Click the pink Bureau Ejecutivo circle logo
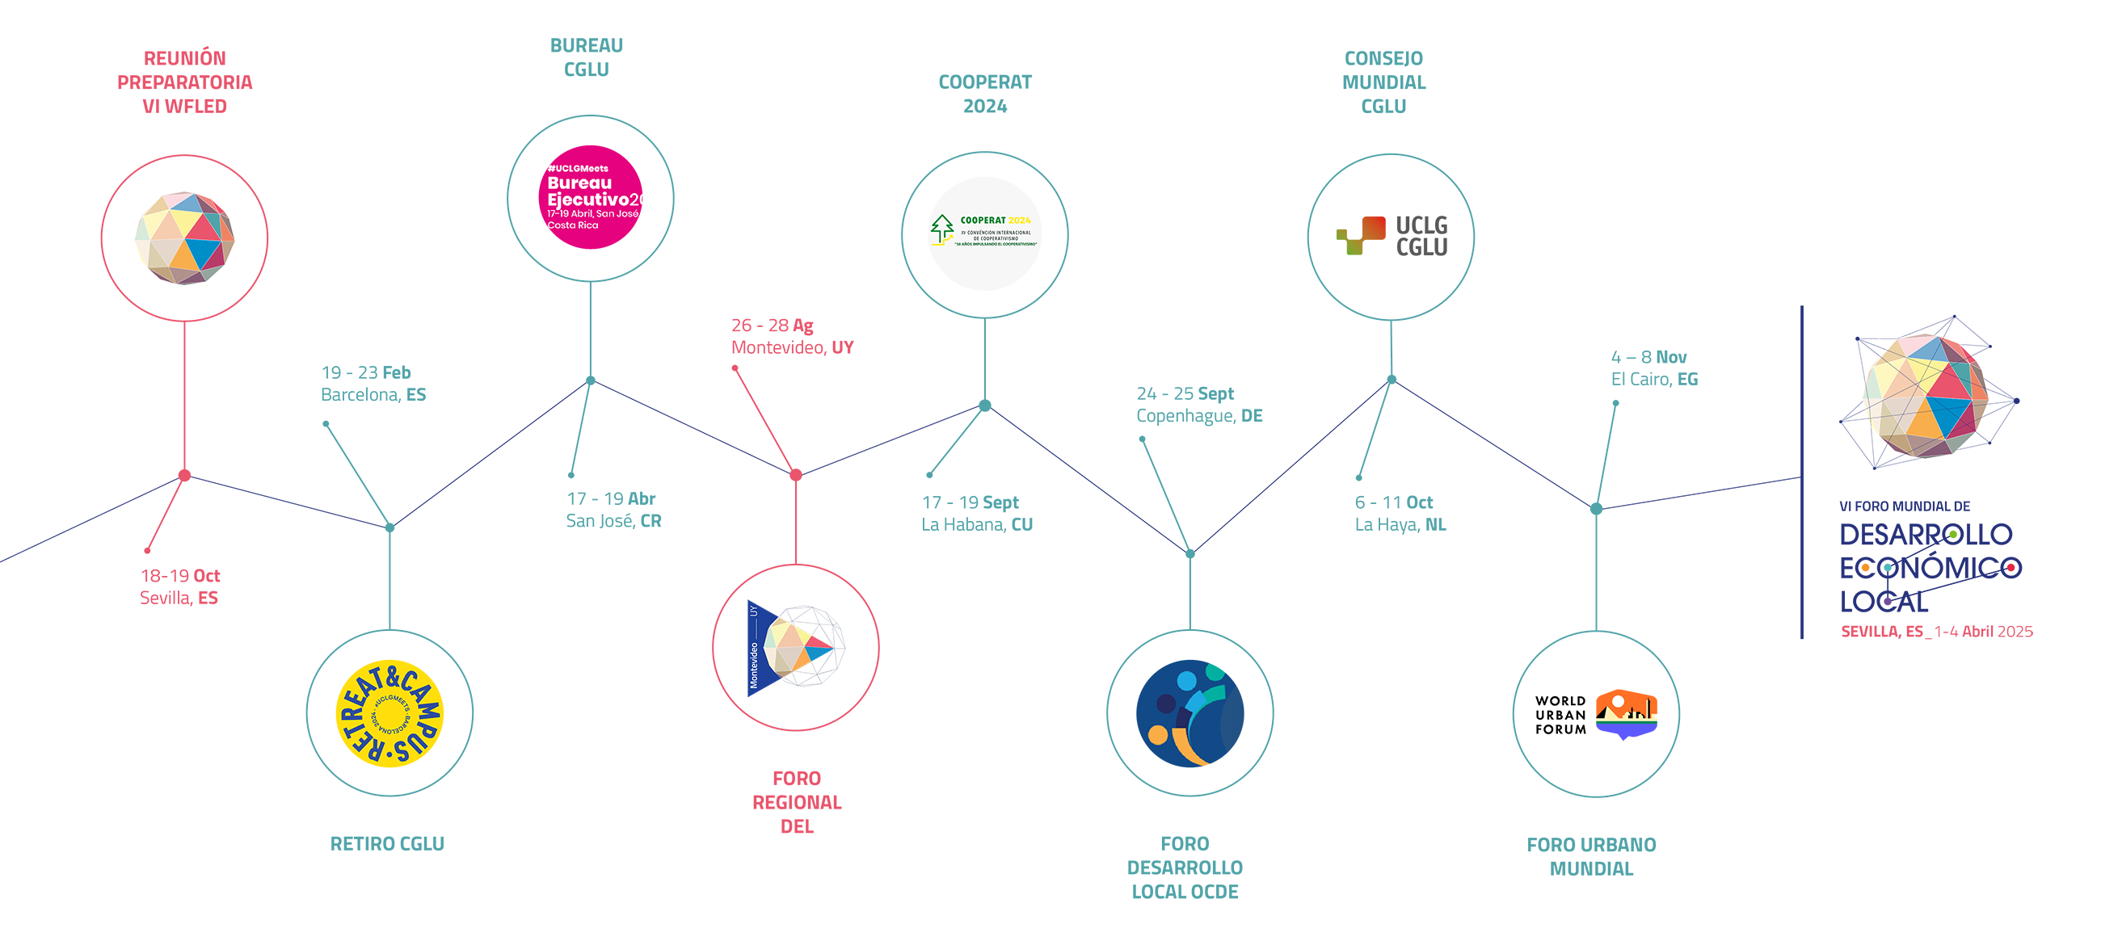[591, 197]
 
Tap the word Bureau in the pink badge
[579, 183]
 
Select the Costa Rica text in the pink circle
[573, 225]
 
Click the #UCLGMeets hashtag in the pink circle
[578, 168]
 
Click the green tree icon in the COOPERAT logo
[942, 229]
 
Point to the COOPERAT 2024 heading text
[995, 221]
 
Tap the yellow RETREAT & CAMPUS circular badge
[389, 712]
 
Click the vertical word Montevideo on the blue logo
[754, 665]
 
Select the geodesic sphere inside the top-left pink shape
[184, 238]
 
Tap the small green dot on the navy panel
[1952, 534]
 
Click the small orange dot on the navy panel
[1865, 568]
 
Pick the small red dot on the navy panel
[2011, 568]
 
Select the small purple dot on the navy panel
[1888, 601]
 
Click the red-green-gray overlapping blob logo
[1391, 235]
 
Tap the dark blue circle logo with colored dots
[1189, 712]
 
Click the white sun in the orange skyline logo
[1617, 700]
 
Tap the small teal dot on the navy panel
[1888, 568]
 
